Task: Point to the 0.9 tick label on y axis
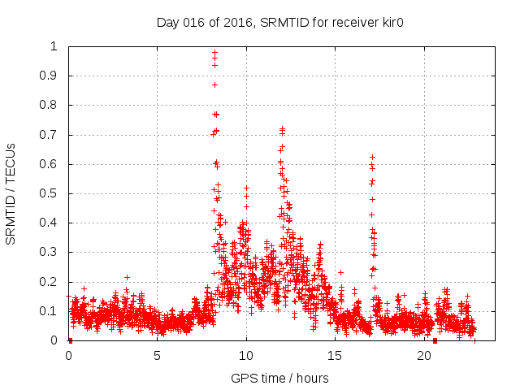click(x=54, y=76)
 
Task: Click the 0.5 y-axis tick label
click(x=54, y=193)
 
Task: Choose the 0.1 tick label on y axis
click(x=54, y=311)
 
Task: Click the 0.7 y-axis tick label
click(x=54, y=135)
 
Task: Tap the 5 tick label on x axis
click(x=158, y=356)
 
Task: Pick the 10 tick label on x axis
click(x=246, y=356)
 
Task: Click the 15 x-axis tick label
click(x=336, y=356)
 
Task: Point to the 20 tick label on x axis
click(x=424, y=356)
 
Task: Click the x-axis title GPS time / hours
click(x=279, y=378)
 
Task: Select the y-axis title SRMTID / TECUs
click(x=11, y=193)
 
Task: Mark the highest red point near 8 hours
click(x=214, y=52)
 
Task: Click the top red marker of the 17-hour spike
click(x=372, y=157)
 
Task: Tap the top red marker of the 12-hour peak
click(x=282, y=128)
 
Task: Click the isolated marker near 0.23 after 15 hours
click(x=340, y=272)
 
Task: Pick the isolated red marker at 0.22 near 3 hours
click(x=127, y=277)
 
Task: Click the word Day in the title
click(x=167, y=23)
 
